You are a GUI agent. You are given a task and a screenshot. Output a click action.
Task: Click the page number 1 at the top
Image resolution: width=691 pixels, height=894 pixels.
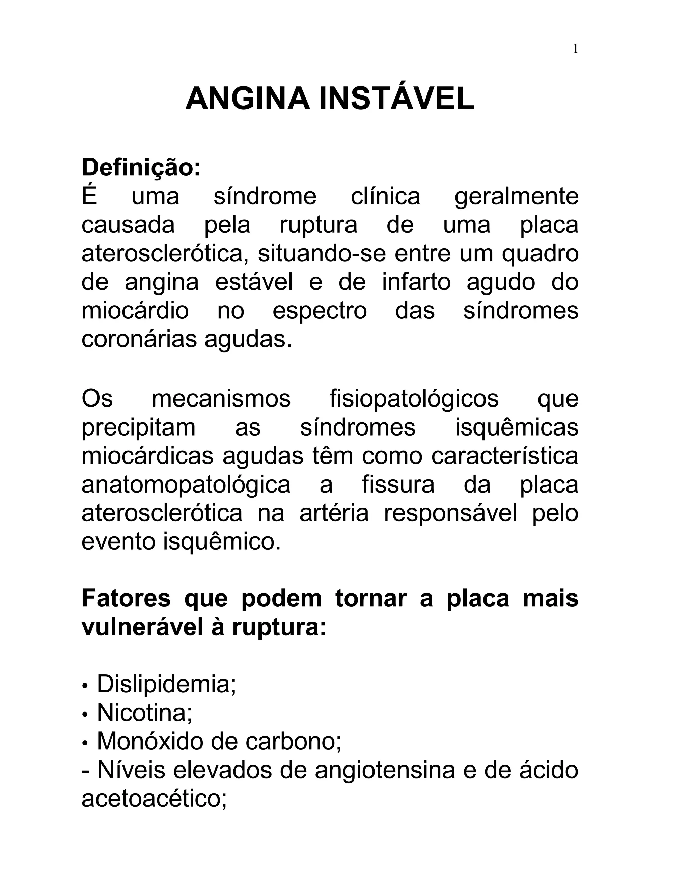coord(575,49)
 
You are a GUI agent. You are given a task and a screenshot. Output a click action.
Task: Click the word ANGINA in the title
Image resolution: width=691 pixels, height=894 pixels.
coord(247,99)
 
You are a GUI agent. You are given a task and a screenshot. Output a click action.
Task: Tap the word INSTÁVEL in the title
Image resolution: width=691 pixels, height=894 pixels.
coord(396,99)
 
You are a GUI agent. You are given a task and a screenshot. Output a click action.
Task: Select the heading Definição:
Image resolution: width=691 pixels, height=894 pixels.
coord(141,167)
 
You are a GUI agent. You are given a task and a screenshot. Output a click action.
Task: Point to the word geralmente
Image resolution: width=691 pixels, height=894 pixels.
coord(516,196)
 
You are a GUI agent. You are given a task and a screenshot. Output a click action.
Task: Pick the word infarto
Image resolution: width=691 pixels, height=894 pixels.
coord(416,282)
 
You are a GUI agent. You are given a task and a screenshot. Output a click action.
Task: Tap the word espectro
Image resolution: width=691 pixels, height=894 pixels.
coord(320,311)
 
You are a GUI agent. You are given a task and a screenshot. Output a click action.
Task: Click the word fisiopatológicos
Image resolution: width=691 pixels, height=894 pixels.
coord(414,398)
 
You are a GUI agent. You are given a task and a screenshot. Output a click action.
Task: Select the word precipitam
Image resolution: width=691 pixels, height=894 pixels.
coord(139,428)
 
